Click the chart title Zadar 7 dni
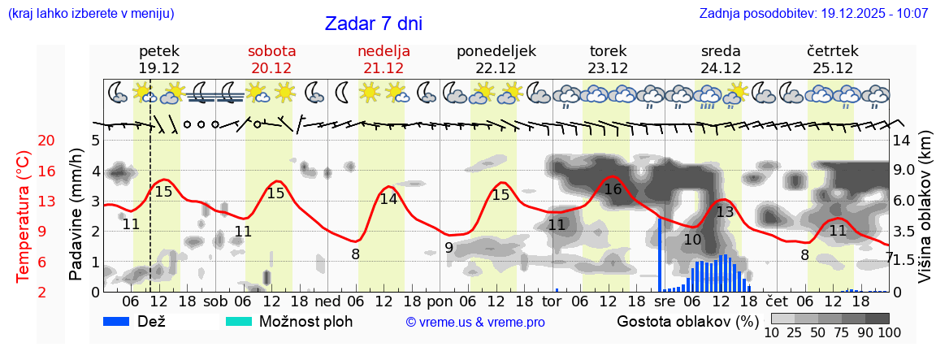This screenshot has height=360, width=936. click(373, 24)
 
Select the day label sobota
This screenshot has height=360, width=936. click(271, 50)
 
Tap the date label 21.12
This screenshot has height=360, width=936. click(383, 68)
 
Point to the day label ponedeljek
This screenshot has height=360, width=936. click(496, 50)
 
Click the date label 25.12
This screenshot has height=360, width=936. click(833, 68)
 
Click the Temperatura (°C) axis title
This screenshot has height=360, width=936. click(24, 216)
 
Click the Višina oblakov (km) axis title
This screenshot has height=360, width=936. click(925, 219)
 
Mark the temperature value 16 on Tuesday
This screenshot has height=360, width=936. click(613, 189)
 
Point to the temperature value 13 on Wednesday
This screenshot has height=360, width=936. click(725, 212)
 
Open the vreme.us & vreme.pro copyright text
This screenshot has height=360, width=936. click(475, 322)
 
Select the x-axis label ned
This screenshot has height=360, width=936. click(327, 301)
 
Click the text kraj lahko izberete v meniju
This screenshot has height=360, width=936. click(90, 14)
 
